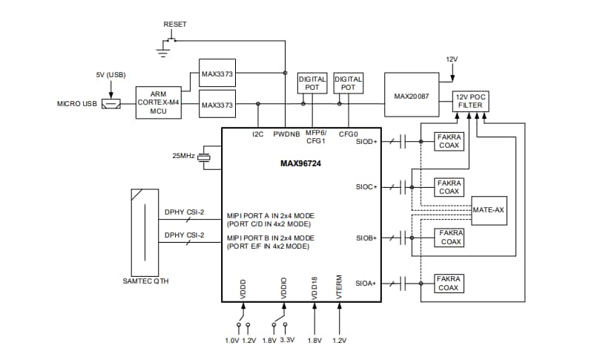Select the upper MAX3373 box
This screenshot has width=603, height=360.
coord(217,73)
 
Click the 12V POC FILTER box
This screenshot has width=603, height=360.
coord(470,101)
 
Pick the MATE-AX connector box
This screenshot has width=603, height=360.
coord(490,210)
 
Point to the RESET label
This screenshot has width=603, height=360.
coord(175,24)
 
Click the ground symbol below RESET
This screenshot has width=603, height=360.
coord(162,50)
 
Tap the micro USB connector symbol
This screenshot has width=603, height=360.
coord(112,103)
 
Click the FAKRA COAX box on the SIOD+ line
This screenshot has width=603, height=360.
coord(449,140)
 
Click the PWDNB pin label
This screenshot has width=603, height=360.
coord(286,134)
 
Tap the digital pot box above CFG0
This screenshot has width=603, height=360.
coord(348,83)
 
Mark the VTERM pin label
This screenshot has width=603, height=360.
coord(339,289)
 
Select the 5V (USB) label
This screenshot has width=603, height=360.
coord(110,74)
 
